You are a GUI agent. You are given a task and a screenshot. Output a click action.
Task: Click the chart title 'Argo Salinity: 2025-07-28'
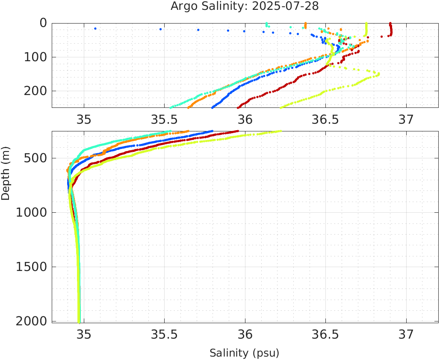[245, 6]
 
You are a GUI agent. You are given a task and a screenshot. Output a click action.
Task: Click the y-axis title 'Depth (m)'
[6, 173]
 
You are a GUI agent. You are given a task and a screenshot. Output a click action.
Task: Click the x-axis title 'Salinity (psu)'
[245, 353]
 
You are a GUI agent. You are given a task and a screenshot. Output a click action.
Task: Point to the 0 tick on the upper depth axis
[43, 23]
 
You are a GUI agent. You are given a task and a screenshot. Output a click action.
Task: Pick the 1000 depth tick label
[31, 212]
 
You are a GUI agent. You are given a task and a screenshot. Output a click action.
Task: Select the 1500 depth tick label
[31, 267]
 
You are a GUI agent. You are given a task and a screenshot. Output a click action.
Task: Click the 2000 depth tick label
[31, 321]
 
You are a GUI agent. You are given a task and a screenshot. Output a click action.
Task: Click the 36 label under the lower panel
[245, 334]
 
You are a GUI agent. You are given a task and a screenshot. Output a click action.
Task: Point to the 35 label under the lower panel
[84, 334]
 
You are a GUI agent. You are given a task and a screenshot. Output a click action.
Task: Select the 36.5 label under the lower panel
[325, 334]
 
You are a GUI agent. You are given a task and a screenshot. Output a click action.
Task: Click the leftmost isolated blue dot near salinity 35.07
[95, 29]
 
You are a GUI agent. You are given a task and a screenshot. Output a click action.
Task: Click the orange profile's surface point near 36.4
[305, 24]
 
